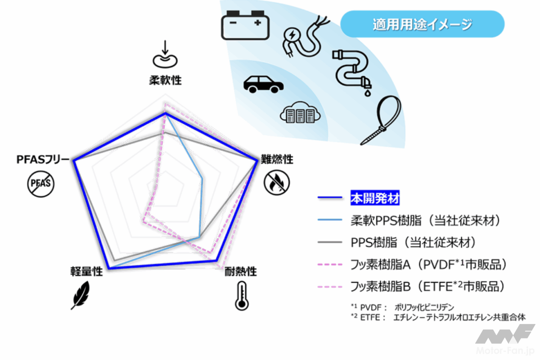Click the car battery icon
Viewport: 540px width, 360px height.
tap(245, 25)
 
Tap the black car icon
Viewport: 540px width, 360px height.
tap(263, 85)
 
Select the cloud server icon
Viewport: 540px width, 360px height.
tap(300, 112)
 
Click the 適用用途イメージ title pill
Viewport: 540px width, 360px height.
tap(422, 24)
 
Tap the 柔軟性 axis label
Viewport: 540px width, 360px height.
tap(166, 80)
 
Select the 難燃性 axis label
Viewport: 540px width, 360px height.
tap(277, 159)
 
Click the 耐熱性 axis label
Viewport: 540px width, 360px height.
tap(241, 271)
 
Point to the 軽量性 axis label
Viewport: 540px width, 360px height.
tap(86, 271)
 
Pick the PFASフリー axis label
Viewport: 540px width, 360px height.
tap(43, 159)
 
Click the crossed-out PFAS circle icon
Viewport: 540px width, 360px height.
tap(40, 184)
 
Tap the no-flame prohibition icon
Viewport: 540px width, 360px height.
tap(276, 183)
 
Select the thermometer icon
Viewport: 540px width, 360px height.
tap(242, 296)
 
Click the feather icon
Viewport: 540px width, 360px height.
tap(81, 295)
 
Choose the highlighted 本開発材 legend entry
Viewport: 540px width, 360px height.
tap(375, 198)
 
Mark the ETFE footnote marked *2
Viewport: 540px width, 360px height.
tap(438, 317)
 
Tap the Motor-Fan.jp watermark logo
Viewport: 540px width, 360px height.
tap(505, 339)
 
